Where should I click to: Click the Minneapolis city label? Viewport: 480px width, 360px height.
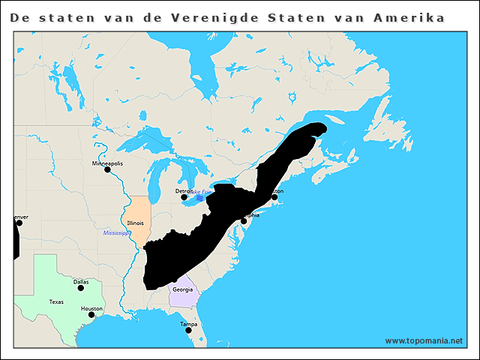[x=107, y=163]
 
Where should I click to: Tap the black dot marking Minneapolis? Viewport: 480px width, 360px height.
[x=107, y=169]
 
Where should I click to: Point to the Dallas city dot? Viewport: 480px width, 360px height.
[x=81, y=288]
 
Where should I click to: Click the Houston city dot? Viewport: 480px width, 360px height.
[x=91, y=315]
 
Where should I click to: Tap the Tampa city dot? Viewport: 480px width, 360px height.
[x=188, y=330]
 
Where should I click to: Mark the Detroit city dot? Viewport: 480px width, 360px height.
[x=184, y=197]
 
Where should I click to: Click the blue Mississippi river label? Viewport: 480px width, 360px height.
[x=116, y=233]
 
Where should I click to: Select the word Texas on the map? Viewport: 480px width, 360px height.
[x=57, y=301]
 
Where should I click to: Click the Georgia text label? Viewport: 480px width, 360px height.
[x=182, y=289]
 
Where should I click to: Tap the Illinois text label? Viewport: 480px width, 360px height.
[x=136, y=223]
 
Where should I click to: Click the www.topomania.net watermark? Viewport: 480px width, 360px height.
[x=424, y=340]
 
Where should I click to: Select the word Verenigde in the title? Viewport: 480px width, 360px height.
[x=226, y=17]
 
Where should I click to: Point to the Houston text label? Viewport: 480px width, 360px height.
[x=91, y=308]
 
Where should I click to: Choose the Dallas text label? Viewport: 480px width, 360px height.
[x=81, y=281]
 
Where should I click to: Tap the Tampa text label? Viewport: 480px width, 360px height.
[x=188, y=323]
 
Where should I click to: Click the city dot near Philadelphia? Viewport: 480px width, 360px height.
[x=244, y=221]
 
